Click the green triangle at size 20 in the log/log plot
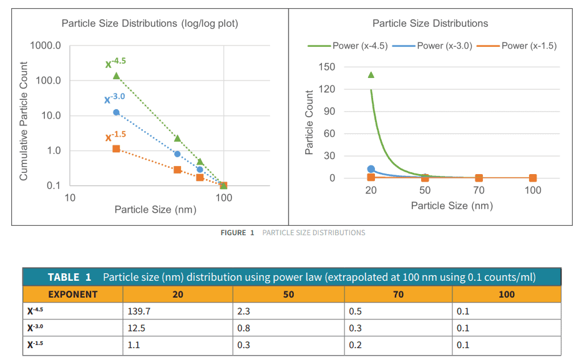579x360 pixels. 116,75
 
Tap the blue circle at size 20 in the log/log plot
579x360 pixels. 116,112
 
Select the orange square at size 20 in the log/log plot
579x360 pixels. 116,148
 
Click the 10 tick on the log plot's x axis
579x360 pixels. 70,198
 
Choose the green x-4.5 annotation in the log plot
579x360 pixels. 115,62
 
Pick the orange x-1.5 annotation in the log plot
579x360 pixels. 115,136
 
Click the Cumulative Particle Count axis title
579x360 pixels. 24,121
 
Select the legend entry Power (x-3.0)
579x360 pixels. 444,46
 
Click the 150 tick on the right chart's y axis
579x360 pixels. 327,67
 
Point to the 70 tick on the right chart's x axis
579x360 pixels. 479,190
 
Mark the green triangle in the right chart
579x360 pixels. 371,75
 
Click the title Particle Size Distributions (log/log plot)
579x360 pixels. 150,24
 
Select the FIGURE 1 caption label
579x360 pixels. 237,233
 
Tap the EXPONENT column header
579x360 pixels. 72,294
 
